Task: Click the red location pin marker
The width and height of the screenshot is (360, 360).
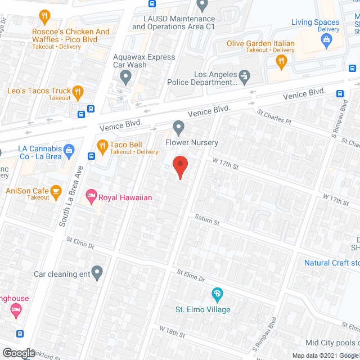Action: (179, 166)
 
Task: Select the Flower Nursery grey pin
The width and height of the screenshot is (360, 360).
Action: (179, 128)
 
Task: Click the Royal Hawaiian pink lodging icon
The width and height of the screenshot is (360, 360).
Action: (91, 197)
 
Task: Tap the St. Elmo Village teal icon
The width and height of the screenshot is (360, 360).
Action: (217, 294)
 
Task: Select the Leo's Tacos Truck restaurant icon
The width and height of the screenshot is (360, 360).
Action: (78, 92)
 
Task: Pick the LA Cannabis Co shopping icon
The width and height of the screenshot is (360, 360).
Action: (69, 150)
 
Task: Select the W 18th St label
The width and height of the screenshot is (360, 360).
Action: (172, 333)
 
